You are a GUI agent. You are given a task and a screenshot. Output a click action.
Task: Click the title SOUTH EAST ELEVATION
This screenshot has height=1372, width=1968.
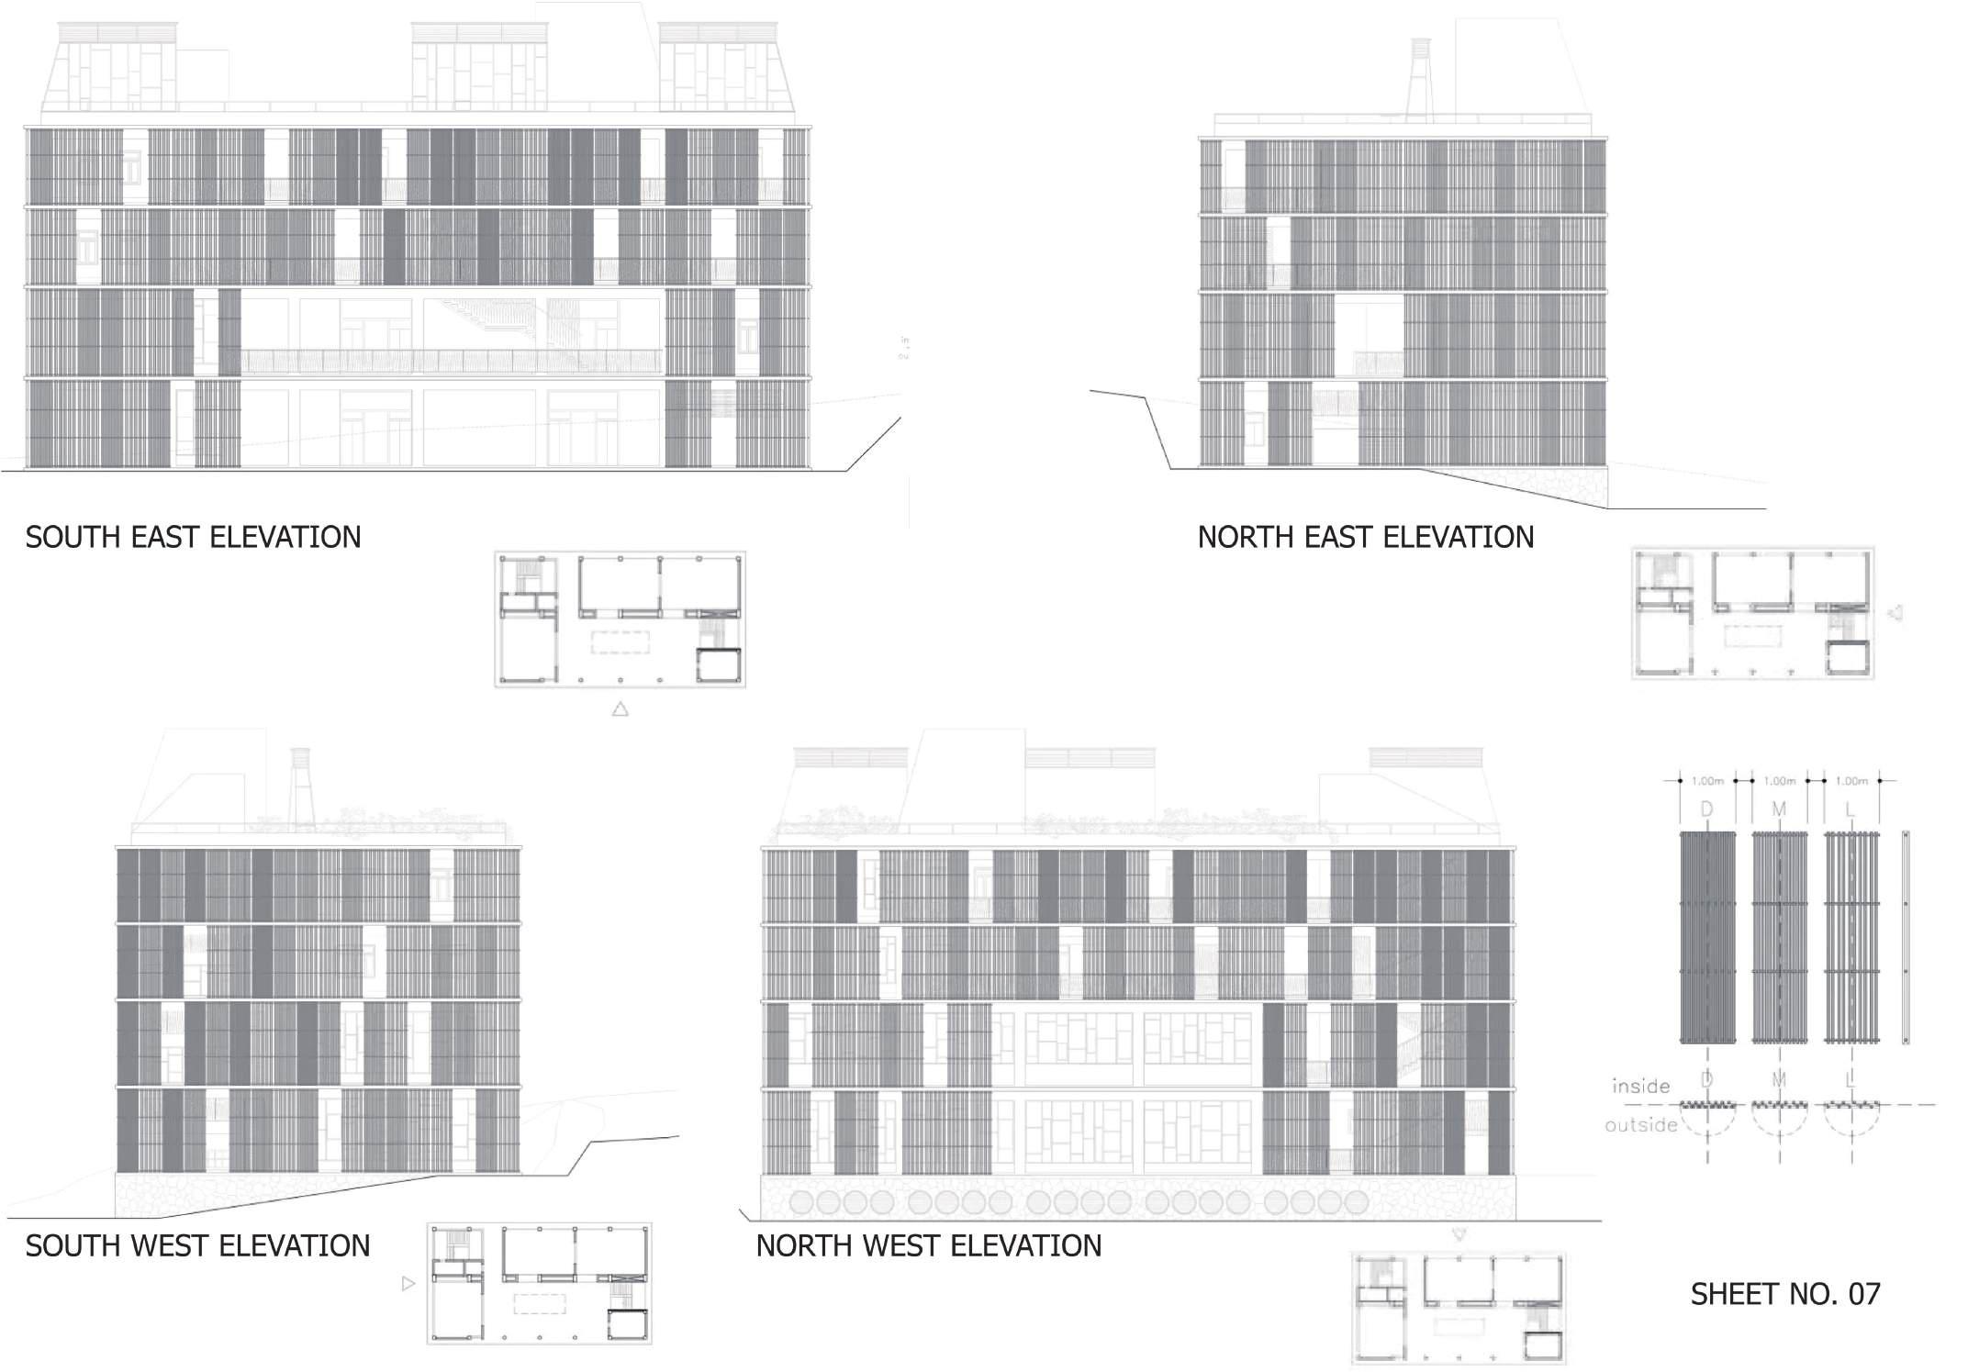[193, 537]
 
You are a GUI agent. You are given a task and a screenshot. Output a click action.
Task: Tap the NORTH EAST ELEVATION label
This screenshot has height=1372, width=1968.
[1365, 537]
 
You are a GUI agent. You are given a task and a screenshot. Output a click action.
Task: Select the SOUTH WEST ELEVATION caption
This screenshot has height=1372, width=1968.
[197, 1245]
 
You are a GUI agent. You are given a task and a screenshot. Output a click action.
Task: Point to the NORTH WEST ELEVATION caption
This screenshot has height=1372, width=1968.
[928, 1245]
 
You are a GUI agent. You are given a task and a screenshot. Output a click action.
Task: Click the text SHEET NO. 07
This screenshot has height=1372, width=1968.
[1785, 1294]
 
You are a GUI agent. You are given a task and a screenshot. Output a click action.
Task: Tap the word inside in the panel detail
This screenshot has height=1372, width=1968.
[1640, 1087]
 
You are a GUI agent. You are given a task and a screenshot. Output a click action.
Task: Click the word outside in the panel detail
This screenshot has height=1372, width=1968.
[1640, 1124]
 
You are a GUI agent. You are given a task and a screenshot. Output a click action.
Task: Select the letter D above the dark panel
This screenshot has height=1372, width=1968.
[1707, 809]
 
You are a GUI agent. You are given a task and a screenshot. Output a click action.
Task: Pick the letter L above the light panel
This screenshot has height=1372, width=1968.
[1851, 809]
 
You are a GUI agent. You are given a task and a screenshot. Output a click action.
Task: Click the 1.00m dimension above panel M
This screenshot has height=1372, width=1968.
[1779, 781]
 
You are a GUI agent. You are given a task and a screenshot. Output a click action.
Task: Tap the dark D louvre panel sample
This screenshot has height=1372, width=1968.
[1707, 937]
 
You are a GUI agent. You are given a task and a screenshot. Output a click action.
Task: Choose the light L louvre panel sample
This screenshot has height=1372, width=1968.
[1851, 937]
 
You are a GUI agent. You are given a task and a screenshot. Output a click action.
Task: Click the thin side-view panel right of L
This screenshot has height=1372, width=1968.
[1906, 937]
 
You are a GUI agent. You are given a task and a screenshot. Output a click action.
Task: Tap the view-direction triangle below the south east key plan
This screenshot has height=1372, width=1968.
[621, 708]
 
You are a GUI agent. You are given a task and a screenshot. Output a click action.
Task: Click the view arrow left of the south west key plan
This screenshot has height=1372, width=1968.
[408, 1284]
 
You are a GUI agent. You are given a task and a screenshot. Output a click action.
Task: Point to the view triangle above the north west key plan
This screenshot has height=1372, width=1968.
[1459, 1235]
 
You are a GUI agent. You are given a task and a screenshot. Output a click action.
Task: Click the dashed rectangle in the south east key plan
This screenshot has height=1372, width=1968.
[620, 641]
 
